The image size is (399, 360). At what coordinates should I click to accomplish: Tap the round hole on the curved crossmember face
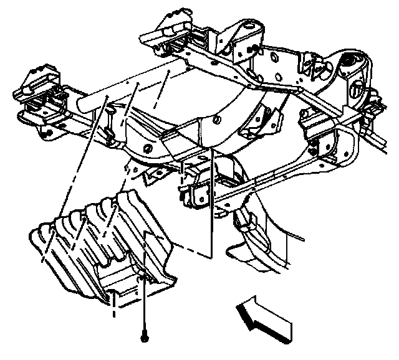click(146, 148)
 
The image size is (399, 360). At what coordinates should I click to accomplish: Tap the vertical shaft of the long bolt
click(145, 305)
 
